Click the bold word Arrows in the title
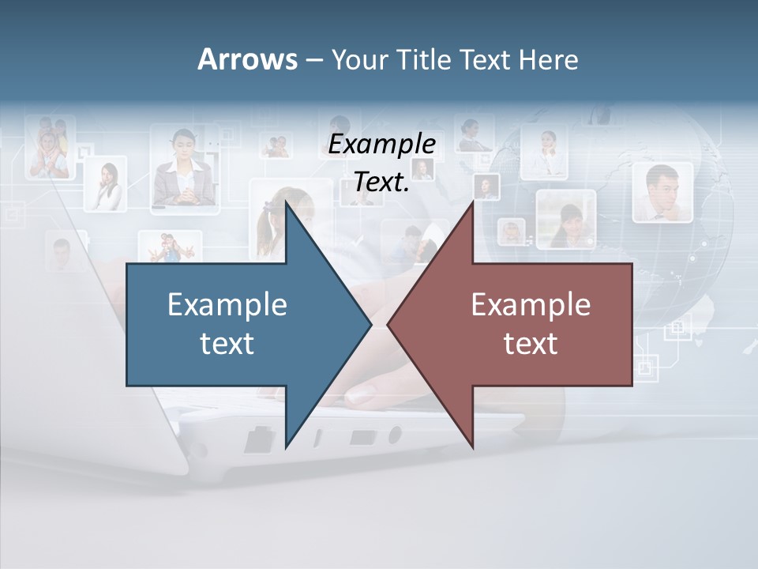coord(247,59)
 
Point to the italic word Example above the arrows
coord(381,145)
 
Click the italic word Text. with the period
coord(381,182)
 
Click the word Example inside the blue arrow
coord(227,305)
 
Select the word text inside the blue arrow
coord(227,344)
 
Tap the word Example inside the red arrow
coord(531,305)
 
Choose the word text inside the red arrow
coord(531,344)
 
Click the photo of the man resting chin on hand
coord(662,193)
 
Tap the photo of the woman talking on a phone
coord(106,185)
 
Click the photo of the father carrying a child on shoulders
coord(50,147)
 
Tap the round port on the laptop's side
coord(394,435)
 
